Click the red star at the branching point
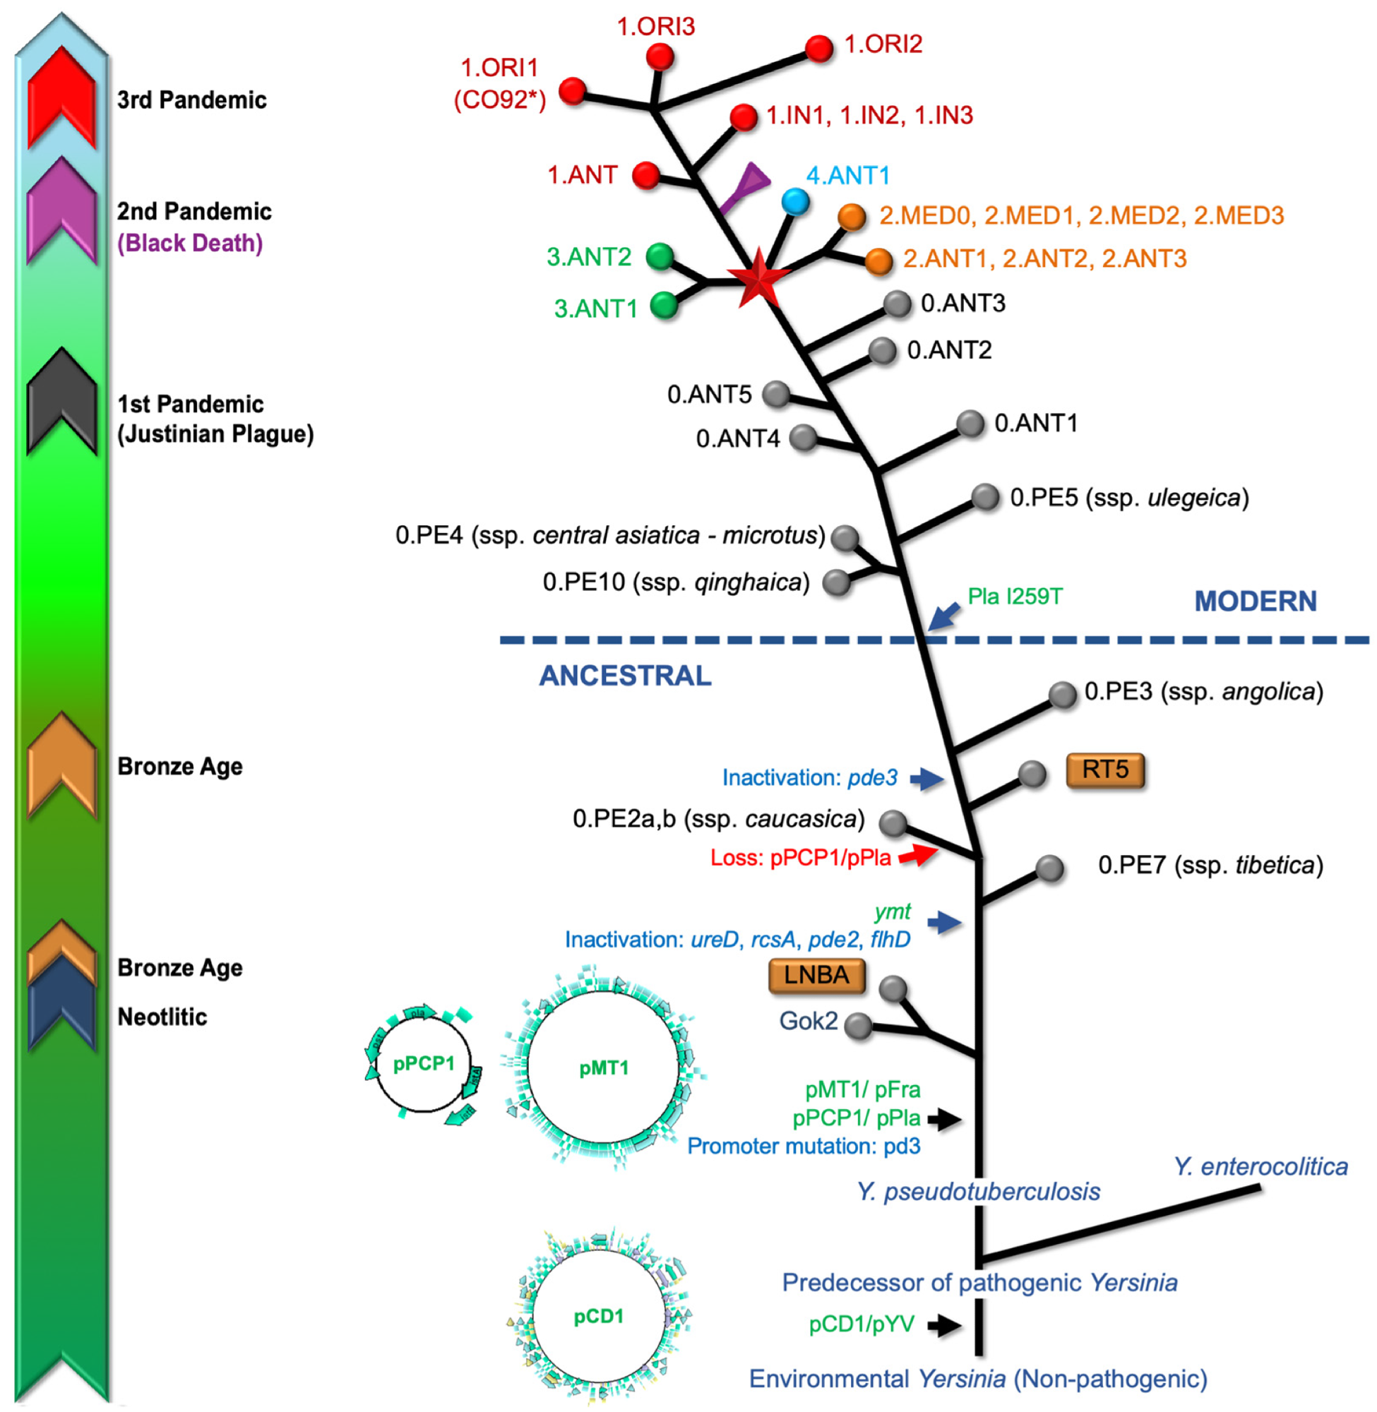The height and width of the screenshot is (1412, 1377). coord(758,276)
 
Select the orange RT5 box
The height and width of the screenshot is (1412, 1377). coord(1105,770)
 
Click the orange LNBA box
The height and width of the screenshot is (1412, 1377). coord(816,975)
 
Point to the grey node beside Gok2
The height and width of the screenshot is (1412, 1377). coord(859,1026)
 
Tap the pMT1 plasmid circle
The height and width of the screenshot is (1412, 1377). coord(603,1068)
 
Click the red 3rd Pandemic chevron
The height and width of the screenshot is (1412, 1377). coord(62,97)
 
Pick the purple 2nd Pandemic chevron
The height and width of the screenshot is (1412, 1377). coord(62,210)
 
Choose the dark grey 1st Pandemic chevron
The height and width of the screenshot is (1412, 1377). coord(62,401)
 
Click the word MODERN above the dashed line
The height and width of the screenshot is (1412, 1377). coord(1256,602)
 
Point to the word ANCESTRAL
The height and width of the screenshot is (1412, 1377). coord(626,676)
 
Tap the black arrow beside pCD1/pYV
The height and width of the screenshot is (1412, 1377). coord(945,1324)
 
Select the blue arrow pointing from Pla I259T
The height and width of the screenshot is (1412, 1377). coord(945,616)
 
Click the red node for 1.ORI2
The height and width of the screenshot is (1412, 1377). coord(819,49)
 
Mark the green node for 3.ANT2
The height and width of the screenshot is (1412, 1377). coord(660,256)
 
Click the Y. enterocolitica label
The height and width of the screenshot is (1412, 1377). coord(1260,1166)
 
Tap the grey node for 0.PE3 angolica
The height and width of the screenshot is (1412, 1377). coord(1062,694)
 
